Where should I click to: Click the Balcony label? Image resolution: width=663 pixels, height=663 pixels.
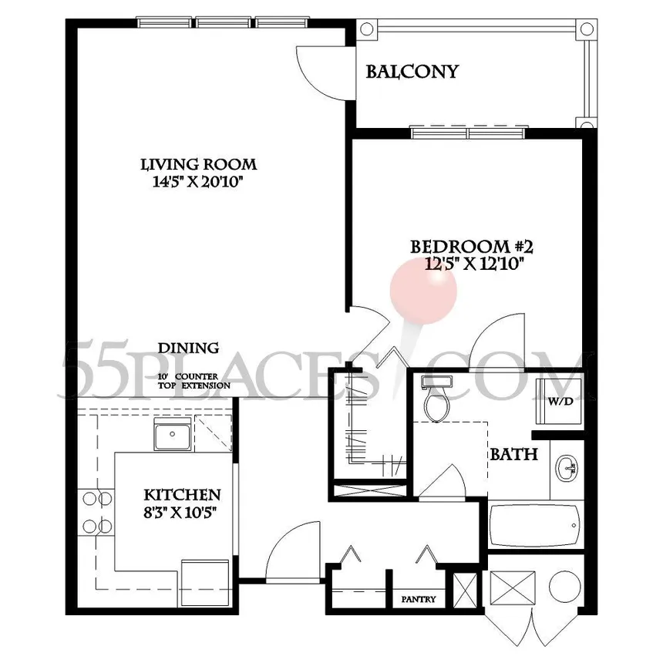pos(412,72)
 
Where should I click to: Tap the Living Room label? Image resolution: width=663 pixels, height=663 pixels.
pos(199,164)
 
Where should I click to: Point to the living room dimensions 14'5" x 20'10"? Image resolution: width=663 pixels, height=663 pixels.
pos(199,182)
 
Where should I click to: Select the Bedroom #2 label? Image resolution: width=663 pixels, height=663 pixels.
pos(472,247)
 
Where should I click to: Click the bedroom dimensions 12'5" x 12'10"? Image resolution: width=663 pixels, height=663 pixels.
pos(474,264)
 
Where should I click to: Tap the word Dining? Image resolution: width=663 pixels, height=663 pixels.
pos(189,348)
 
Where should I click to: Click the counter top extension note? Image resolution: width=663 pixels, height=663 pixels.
pos(194,381)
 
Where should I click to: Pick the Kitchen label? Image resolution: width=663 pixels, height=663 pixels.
pos(182,494)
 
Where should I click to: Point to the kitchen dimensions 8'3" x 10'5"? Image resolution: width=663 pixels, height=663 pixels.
pos(180,513)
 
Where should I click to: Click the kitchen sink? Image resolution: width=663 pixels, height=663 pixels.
pos(172,436)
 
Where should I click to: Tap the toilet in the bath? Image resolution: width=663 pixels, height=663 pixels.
pos(438,399)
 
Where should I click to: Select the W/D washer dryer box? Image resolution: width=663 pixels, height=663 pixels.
pos(560,401)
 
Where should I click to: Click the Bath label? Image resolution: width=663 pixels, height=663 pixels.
pos(514,455)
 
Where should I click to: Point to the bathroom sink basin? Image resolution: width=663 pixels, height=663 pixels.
pos(567,469)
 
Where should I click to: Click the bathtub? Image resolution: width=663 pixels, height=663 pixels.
pos(535,526)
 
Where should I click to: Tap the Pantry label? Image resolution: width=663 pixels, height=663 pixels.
pos(419,599)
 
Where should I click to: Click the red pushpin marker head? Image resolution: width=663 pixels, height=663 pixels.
pos(423,291)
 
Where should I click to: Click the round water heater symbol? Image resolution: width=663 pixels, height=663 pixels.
pos(564,586)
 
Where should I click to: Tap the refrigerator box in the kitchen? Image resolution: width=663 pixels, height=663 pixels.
pos(205,583)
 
